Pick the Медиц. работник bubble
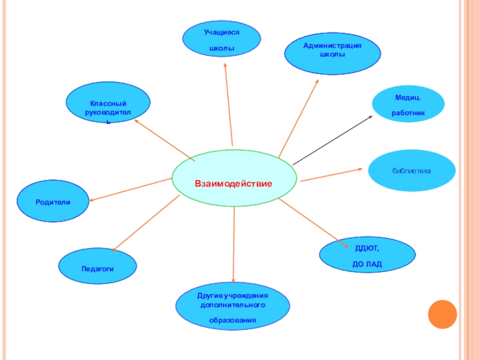(x=408, y=103)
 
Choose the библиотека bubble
(x=412, y=171)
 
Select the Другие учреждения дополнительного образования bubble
(x=233, y=308)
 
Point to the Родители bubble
(x=53, y=202)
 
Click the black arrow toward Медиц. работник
(x=333, y=139)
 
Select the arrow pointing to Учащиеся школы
(x=229, y=102)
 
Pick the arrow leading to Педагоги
(x=146, y=223)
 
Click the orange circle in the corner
(x=443, y=314)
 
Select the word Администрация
(x=332, y=46)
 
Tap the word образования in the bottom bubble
(x=233, y=320)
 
